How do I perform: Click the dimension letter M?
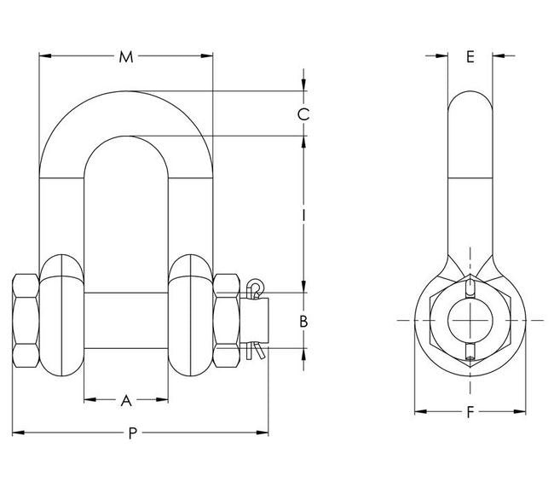point(126,57)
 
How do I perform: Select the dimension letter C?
point(303,114)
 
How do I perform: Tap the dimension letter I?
point(303,215)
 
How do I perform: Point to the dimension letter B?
point(302,322)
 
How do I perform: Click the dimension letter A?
point(126,399)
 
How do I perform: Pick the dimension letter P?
point(132,433)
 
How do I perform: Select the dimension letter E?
point(470,57)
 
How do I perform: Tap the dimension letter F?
point(470,413)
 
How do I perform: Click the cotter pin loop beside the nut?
point(254,284)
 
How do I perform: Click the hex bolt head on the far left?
point(25,320)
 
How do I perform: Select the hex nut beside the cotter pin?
point(227,320)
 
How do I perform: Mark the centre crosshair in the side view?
point(470,320)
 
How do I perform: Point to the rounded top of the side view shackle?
point(470,92)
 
